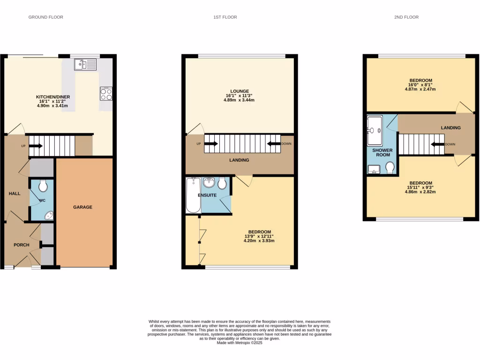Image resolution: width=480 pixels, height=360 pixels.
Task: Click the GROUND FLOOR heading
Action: click(45, 17)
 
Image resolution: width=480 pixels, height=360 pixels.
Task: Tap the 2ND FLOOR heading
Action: click(406, 17)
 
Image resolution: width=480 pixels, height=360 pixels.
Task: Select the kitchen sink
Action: click(85, 64)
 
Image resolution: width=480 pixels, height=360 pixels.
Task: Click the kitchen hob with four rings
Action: click(106, 94)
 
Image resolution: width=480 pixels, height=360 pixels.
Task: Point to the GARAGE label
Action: click(82, 207)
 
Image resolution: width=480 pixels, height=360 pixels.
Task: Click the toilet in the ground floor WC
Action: click(43, 187)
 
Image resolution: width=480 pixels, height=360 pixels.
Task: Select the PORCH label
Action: click(22, 245)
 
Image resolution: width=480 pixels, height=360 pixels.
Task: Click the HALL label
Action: click(14, 193)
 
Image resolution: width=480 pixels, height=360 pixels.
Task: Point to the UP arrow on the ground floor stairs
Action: click(36, 146)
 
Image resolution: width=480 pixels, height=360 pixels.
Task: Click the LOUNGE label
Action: click(240, 91)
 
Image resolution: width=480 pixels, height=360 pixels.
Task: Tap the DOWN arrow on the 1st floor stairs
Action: click(273, 144)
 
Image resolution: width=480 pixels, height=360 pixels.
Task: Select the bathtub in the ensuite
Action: click(193, 195)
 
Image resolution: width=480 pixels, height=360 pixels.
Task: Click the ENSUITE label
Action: click(207, 195)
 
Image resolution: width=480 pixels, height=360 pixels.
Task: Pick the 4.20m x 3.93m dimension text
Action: click(259, 241)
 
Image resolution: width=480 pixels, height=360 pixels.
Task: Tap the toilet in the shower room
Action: click(390, 167)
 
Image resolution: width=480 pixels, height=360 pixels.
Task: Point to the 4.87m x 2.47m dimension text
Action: click(420, 89)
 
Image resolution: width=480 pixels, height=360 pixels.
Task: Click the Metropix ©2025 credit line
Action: click(240, 343)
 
